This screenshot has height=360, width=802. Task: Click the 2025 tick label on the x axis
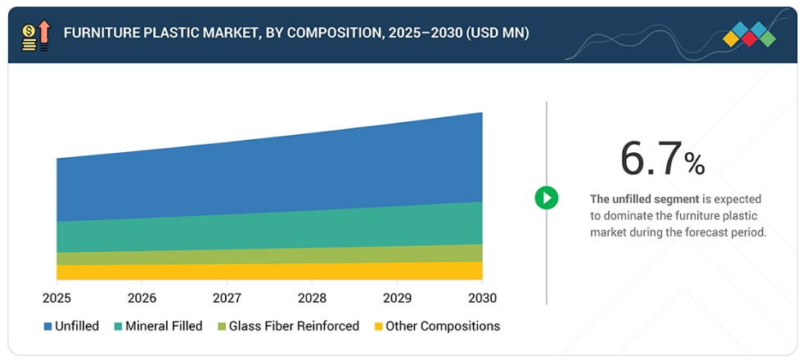click(56, 297)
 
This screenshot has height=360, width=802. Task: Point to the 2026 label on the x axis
click(142, 297)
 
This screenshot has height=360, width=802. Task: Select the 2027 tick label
click(227, 297)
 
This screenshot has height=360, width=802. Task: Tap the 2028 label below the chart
click(312, 297)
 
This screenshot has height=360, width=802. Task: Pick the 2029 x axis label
click(397, 297)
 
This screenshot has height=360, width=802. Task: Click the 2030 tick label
click(482, 297)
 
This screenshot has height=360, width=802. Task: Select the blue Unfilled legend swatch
click(48, 326)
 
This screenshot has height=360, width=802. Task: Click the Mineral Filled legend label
click(164, 326)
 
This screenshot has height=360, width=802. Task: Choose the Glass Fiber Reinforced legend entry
click(294, 326)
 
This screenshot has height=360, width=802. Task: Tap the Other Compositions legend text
click(443, 326)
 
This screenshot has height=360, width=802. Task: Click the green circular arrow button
click(546, 197)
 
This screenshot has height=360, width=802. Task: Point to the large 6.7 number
click(651, 158)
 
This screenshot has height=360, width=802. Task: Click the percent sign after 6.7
click(695, 164)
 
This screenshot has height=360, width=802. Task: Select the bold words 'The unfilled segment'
click(644, 199)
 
